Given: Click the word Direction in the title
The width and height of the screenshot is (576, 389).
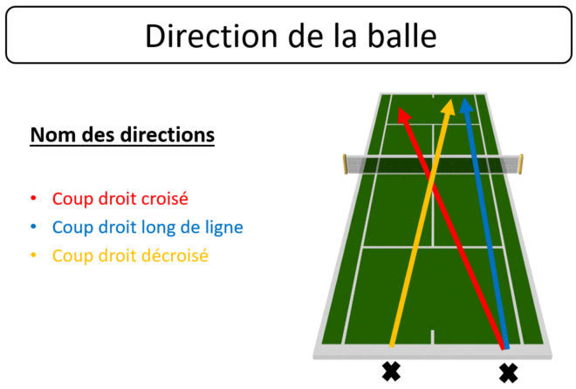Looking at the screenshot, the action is coord(211,36).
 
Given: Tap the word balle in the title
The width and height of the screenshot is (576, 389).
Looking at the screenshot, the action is coord(402,36).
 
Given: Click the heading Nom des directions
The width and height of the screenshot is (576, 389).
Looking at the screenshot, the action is coord(122,135).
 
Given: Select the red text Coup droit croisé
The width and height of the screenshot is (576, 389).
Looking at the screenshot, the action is coord(120,199).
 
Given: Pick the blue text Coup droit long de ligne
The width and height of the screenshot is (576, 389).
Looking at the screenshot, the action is coord(147,228).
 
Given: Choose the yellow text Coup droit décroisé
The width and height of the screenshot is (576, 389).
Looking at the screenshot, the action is coord(130,256).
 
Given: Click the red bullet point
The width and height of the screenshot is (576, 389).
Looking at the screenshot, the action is coord(33,199).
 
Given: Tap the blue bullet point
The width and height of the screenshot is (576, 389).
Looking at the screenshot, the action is coord(33,227).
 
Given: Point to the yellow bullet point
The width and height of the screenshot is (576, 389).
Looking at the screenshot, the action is coord(33,255).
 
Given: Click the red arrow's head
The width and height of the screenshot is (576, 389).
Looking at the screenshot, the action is coord(404,114).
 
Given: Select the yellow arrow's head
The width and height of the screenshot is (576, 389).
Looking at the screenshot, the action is coord(449,107).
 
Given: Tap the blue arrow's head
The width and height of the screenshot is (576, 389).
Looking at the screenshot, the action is coord(466,106).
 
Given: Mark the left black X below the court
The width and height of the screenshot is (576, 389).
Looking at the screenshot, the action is coord(391,372).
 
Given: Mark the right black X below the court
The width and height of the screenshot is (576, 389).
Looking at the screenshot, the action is coord(509,373).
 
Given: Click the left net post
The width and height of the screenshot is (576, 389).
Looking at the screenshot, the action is coord(345,164).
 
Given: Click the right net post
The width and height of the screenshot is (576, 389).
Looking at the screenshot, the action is coord(521,164).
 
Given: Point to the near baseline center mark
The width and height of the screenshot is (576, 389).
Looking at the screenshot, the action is coord(432,338).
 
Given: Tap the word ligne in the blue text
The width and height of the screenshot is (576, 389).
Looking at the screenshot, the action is coord(224,229).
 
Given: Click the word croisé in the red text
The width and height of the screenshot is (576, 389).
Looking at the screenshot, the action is coord(165,199).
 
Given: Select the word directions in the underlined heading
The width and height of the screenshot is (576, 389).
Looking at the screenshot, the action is coord(168,134).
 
